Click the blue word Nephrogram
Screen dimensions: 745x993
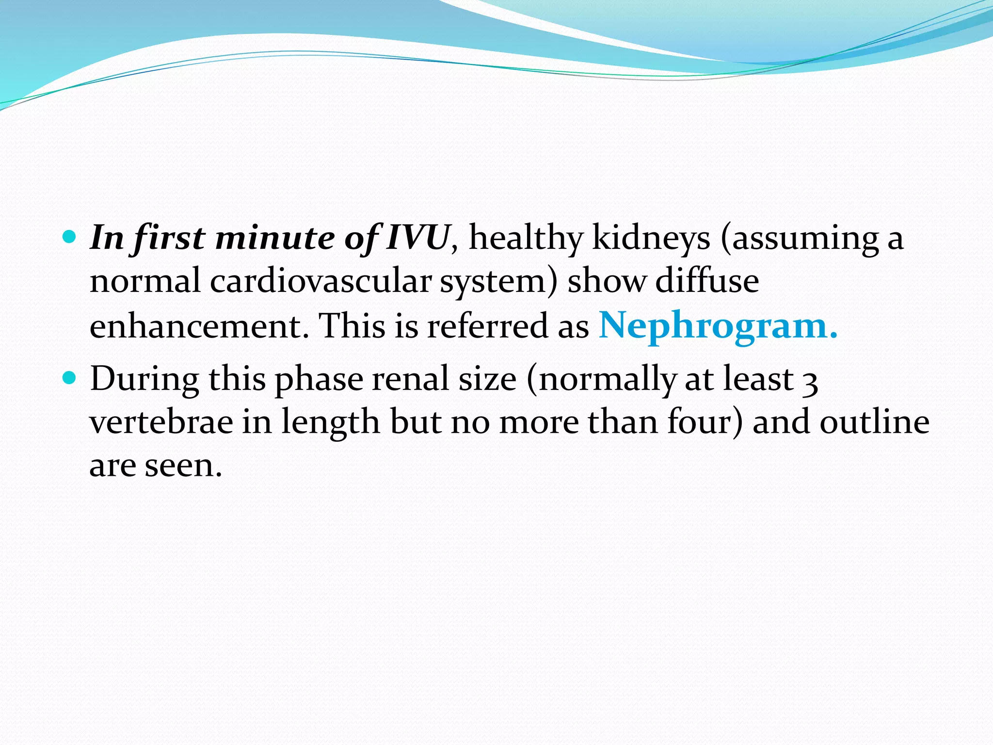[718, 326]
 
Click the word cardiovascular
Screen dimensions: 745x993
[320, 282]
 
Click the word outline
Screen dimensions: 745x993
[875, 422]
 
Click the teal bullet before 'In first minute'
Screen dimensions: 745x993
[70, 237]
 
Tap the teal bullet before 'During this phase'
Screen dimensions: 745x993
[70, 377]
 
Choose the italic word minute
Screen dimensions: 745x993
[275, 239]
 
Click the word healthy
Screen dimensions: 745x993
[526, 239]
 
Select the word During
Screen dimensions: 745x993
[144, 380]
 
